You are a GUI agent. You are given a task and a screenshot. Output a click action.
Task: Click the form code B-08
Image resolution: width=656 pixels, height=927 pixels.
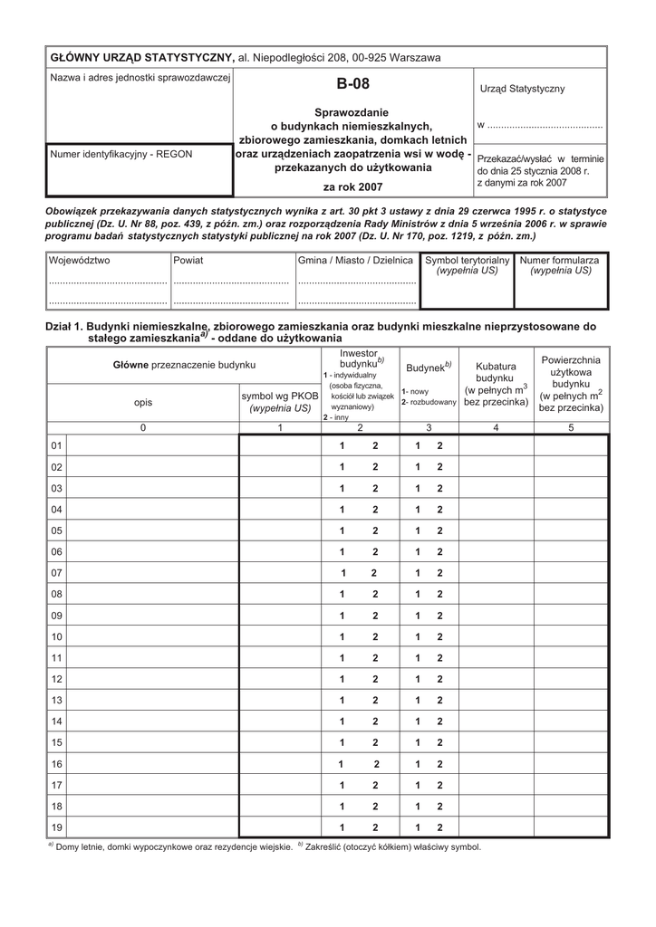pos(353,85)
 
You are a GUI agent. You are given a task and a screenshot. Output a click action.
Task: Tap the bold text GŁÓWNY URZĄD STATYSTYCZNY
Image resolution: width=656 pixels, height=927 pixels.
pos(141,58)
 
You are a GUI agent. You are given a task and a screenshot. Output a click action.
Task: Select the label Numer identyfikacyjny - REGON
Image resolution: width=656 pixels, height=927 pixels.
pos(121,154)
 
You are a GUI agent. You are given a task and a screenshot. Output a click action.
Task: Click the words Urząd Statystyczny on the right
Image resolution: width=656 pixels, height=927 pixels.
pos(522,89)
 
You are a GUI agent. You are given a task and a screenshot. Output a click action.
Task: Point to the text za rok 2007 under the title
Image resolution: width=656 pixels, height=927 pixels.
pos(353,187)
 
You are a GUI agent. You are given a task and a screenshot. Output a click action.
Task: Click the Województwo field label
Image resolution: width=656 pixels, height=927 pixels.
pos(80,260)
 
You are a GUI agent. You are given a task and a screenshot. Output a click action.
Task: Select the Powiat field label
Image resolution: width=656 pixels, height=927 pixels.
pos(189,260)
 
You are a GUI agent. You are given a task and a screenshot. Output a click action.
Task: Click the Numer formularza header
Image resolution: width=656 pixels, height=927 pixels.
pos(560,264)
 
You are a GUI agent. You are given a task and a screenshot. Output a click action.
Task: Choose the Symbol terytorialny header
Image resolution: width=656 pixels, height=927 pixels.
pos(468,264)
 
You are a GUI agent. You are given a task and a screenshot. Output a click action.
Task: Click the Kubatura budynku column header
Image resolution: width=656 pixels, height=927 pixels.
pos(496,384)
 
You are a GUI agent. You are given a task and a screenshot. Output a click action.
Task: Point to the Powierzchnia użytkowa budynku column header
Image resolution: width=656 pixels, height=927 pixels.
pos(571,384)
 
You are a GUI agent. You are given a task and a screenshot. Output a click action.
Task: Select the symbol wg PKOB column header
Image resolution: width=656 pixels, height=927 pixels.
pos(280,402)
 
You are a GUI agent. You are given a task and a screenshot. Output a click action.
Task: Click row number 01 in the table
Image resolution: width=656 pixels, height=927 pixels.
pos(57,446)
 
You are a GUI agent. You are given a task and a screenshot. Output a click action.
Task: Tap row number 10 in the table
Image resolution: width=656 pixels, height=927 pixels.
pos(57,636)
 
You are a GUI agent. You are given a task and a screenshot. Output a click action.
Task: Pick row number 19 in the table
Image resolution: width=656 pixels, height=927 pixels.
pos(57,827)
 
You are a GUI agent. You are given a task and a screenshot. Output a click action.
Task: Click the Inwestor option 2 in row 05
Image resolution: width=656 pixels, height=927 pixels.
pos(374,530)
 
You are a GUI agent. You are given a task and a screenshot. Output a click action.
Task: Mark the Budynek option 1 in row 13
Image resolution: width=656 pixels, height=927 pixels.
pos(419,700)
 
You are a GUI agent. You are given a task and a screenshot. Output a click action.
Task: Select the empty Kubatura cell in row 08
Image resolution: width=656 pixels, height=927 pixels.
pos(496,594)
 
